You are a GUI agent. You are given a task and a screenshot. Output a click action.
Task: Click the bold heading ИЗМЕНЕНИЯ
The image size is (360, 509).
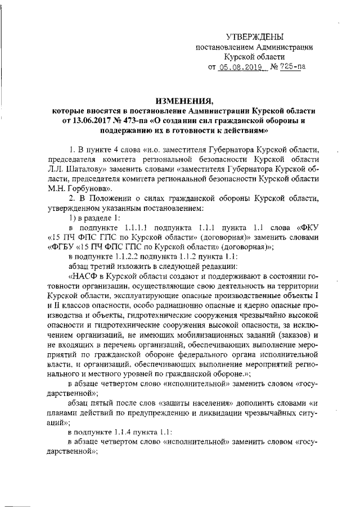point(182,101)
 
